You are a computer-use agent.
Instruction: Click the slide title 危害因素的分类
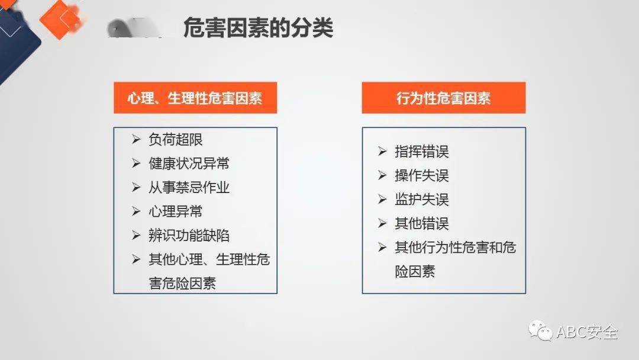pos(259,28)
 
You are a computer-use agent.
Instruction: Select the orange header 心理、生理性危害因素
pos(195,98)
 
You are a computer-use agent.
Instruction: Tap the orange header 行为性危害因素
pos(444,98)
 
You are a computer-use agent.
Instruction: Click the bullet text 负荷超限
pos(176,139)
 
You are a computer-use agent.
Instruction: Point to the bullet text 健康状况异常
pos(189,163)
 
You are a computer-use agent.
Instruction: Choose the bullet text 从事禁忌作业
pos(189,188)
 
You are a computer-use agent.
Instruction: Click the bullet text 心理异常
pos(176,211)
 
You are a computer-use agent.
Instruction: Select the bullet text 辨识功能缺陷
pos(189,236)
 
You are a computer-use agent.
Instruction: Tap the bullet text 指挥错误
pos(422,152)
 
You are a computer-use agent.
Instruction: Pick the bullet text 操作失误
pos(422,176)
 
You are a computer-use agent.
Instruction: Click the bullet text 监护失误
pos(422,200)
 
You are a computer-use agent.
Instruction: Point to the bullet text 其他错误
pos(422,223)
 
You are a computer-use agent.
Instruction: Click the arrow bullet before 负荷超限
pos(136,139)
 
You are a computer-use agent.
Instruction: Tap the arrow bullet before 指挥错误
pos(382,152)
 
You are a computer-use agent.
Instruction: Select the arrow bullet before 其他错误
pos(382,223)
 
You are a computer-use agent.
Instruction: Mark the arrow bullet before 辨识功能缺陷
pos(136,235)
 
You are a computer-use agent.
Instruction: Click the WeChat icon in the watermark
pos(540,330)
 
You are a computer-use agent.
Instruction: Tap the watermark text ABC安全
pos(588,332)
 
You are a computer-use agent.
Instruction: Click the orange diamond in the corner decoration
pos(60,19)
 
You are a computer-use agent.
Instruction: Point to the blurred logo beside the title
pos(134,28)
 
